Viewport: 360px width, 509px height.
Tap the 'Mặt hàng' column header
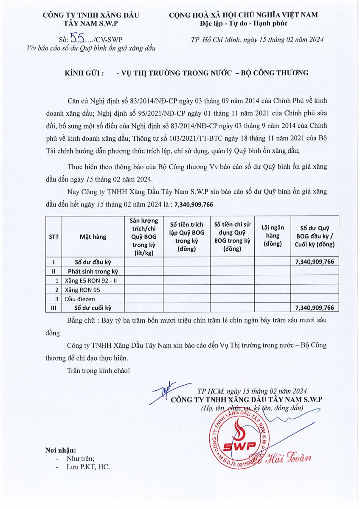pos(93,237)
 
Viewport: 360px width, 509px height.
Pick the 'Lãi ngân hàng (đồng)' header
pos(272,237)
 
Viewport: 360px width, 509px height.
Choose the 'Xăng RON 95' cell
pos(83,289)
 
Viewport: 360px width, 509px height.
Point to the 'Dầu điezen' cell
pos(81,298)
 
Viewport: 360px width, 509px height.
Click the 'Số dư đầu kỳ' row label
pos(93,262)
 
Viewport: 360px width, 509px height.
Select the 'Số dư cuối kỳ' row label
pos(93,308)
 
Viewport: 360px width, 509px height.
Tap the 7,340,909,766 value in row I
pos(315,262)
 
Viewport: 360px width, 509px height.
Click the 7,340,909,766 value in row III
pos(315,308)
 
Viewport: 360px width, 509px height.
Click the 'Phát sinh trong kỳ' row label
pos(93,271)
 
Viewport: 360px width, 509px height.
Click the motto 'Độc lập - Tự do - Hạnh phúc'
pos(243,23)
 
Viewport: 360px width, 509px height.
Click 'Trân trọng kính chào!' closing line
pos(98,370)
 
